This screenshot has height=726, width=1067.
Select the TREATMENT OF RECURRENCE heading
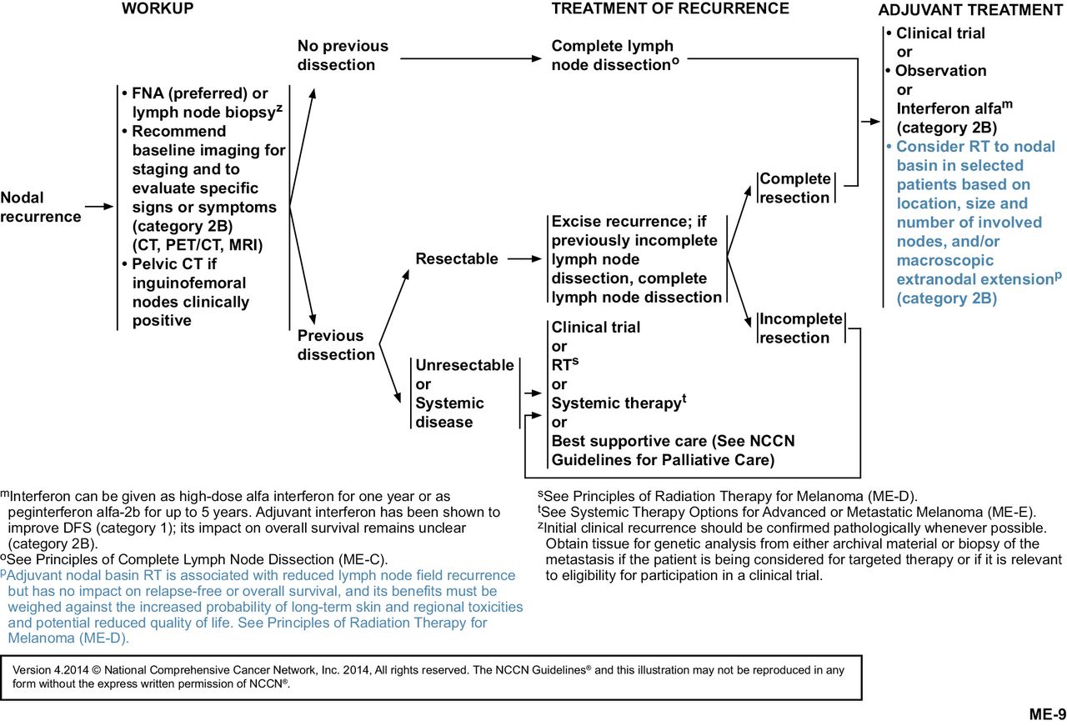[x=670, y=9]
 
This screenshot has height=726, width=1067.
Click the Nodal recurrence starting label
[x=41, y=207]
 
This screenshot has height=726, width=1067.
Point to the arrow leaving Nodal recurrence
[x=98, y=206]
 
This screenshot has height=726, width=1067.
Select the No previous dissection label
[x=343, y=56]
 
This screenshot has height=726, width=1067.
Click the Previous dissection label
[x=337, y=345]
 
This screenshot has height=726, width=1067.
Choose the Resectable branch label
[x=457, y=258]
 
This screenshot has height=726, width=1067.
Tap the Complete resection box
[x=794, y=188]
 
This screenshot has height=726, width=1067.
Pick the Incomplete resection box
[x=800, y=328]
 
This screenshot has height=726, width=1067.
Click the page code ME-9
[x=1047, y=713]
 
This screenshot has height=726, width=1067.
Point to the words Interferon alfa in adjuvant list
[x=944, y=108]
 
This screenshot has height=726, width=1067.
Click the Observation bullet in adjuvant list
[x=940, y=71]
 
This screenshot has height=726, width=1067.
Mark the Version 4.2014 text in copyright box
[x=53, y=669]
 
